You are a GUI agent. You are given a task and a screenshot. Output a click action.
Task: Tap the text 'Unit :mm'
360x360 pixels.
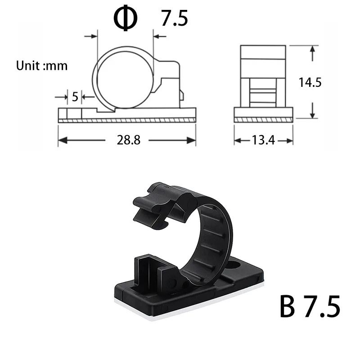click(x=42, y=66)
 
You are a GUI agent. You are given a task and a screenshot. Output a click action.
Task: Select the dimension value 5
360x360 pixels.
click(x=75, y=96)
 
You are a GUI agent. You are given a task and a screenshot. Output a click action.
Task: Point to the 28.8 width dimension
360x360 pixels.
click(x=129, y=140)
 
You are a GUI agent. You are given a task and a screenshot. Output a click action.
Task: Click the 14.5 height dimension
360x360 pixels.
click(x=310, y=82)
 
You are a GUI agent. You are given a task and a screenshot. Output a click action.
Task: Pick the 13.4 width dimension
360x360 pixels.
click(x=263, y=140)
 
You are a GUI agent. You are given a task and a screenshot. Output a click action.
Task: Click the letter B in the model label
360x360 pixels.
click(x=288, y=307)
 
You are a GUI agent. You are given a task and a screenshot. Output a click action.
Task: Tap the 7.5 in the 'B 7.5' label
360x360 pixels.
click(x=322, y=307)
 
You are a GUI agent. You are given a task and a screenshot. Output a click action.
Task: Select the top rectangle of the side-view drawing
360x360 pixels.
click(x=263, y=52)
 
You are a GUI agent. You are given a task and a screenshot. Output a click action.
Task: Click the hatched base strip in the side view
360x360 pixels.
click(x=263, y=120)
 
